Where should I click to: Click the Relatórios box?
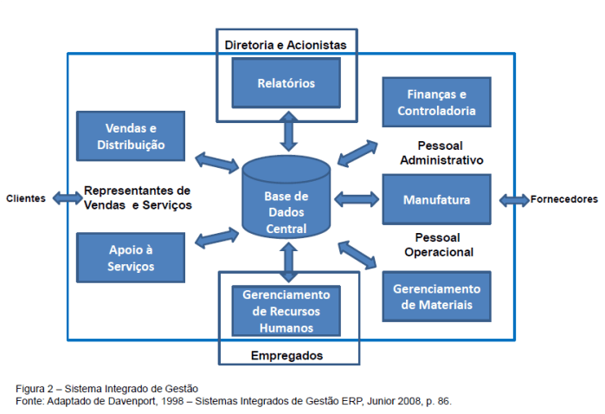tap(286, 83)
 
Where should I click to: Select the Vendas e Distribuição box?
tap(130, 135)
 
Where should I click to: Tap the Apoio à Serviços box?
tap(130, 257)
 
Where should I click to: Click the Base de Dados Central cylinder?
tap(286, 208)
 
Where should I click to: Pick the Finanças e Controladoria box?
tap(436, 102)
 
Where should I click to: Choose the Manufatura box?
tap(436, 200)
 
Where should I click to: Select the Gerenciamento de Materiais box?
tap(436, 297)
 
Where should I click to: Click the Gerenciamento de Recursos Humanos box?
tap(286, 311)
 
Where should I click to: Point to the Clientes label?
tap(26, 198)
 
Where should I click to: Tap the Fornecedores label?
tap(563, 199)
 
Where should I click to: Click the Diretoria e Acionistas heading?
tap(285, 43)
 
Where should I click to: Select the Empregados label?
tap(286, 355)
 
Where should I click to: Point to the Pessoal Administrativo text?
tap(441, 152)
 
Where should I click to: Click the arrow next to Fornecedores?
tap(514, 200)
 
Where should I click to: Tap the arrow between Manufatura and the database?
tap(356, 200)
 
